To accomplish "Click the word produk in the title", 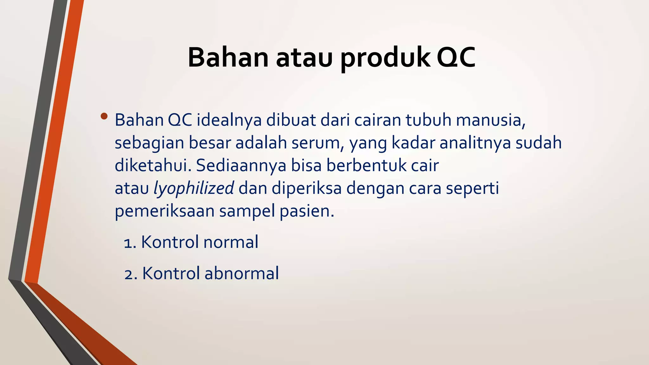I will click(385, 58).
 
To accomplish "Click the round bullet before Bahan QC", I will click(104, 116).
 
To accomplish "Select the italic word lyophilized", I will click(194, 188).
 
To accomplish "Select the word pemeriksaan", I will click(164, 211).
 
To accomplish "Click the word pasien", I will click(306, 211).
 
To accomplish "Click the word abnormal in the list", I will click(242, 273).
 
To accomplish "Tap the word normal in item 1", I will click(231, 242).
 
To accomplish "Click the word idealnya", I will click(229, 120).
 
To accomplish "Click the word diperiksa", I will click(306, 188).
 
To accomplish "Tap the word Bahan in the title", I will click(228, 58).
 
